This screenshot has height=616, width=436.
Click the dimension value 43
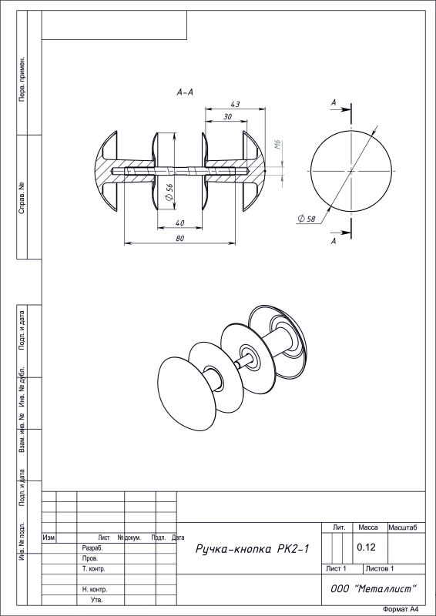pyautogui.click(x=235, y=104)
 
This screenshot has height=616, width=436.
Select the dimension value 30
pyautogui.click(x=228, y=117)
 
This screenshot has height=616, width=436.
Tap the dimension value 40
pyautogui.click(x=179, y=223)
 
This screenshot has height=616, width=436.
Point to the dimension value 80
pyautogui.click(x=180, y=239)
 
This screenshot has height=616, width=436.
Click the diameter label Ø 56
pyautogui.click(x=169, y=192)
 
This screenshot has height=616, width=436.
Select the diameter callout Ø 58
pyautogui.click(x=307, y=219)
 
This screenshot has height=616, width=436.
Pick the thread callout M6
pyautogui.click(x=277, y=144)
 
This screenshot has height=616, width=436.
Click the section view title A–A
pyautogui.click(x=185, y=92)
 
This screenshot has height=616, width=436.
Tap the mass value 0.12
pyautogui.click(x=366, y=547)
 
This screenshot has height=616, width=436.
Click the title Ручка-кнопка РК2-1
pyautogui.click(x=253, y=549)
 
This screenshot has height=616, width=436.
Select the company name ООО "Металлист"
pyautogui.click(x=373, y=588)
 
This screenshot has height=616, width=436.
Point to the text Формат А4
pyautogui.click(x=400, y=609)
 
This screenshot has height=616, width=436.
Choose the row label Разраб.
pyautogui.click(x=92, y=547)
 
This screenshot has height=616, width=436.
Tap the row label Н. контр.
pyautogui.click(x=95, y=590)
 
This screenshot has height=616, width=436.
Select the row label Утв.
pyautogui.click(x=97, y=600)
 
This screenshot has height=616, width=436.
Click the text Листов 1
pyautogui.click(x=380, y=568)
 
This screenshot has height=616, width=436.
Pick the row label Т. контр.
pyautogui.click(x=93, y=568)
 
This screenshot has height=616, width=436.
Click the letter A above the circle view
pyautogui.click(x=334, y=103)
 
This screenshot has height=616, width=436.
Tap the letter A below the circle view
pyautogui.click(x=334, y=241)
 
